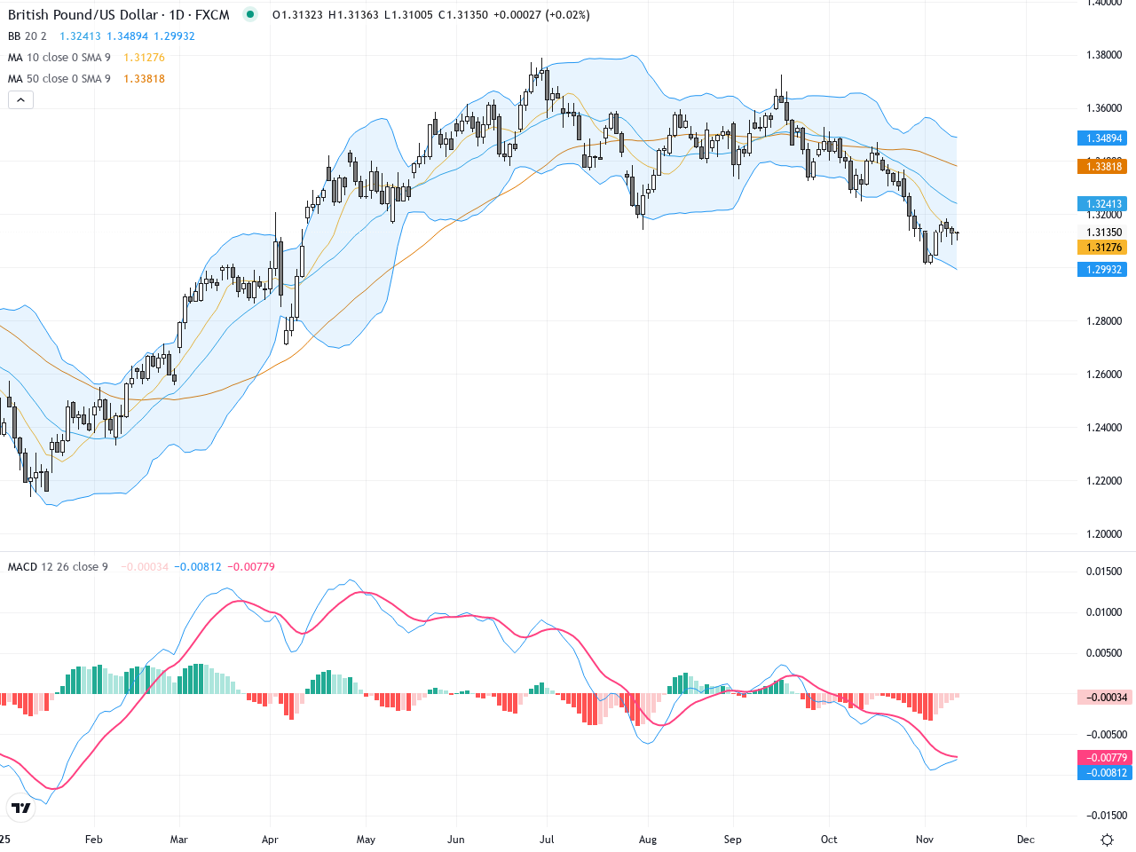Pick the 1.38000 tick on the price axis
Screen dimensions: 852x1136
click(1104, 55)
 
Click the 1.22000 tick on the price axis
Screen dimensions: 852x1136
click(1104, 481)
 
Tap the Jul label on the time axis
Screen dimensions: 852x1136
click(547, 840)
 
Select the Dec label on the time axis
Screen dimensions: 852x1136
click(1026, 840)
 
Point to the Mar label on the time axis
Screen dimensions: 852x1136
click(179, 840)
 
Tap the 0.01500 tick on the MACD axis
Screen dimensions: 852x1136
click(1104, 572)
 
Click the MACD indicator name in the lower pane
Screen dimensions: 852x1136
click(23, 567)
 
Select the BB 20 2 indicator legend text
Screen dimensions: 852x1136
click(28, 36)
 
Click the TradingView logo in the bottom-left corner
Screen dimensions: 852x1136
click(21, 808)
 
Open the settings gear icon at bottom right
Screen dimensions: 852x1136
click(1107, 840)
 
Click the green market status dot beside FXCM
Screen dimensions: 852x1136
click(250, 14)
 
